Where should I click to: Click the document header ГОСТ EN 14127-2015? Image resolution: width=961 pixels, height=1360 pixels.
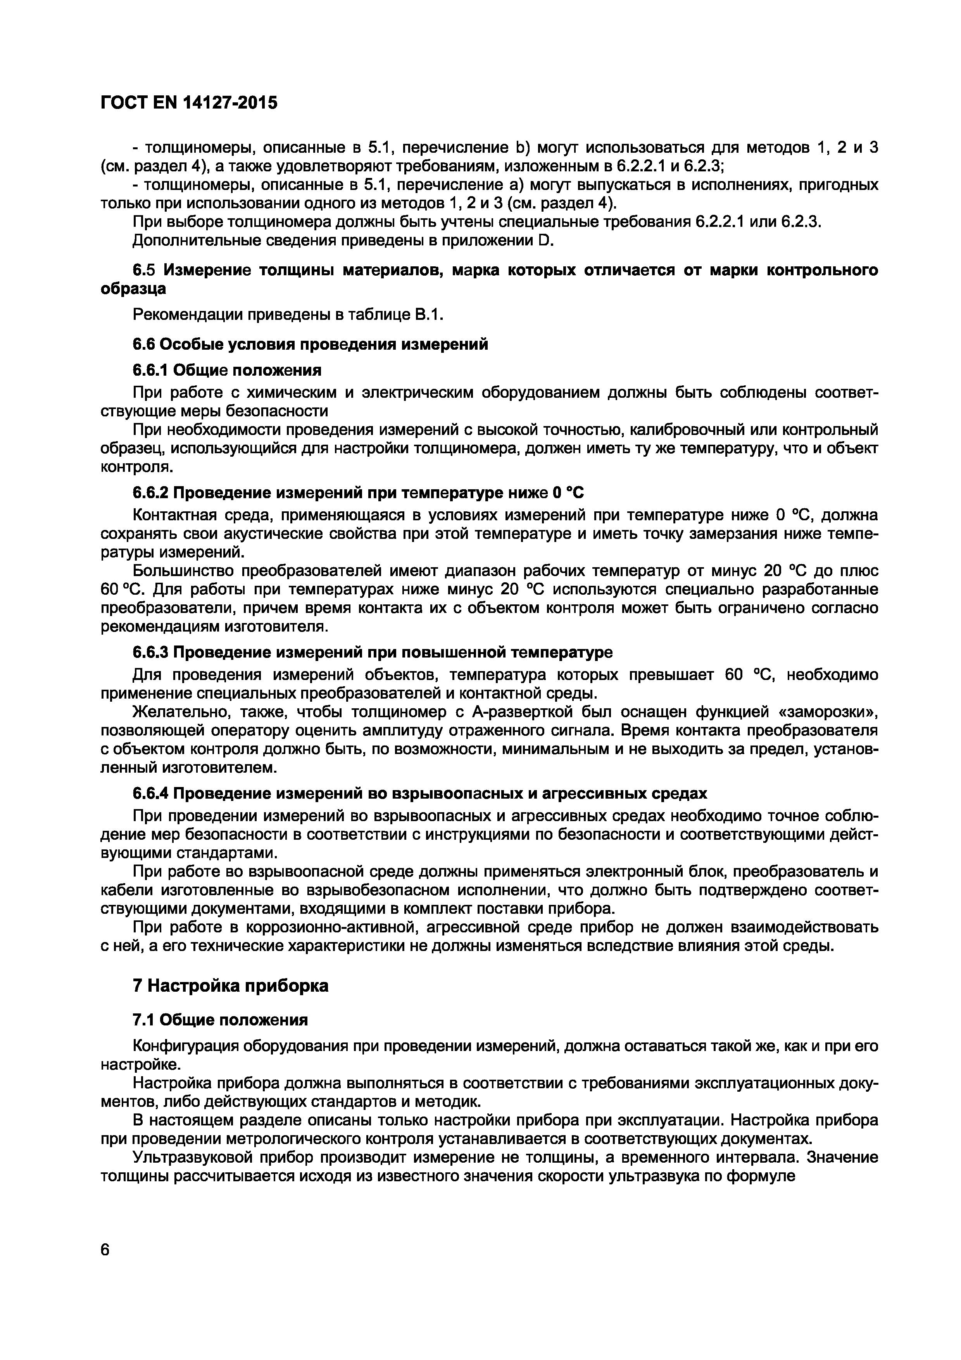tap(188, 103)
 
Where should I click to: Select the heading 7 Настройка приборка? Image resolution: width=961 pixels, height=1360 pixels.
tap(230, 985)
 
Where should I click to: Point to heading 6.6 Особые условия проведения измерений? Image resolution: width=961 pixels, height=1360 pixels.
tap(310, 344)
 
